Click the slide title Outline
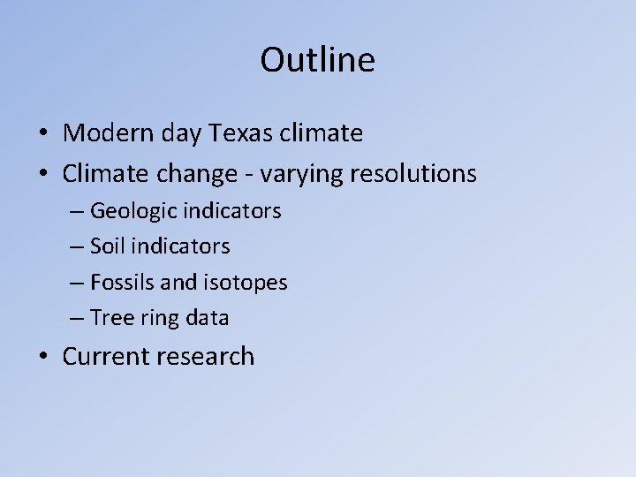point(317,60)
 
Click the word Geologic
point(133,212)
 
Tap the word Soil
point(109,246)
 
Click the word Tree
point(110,318)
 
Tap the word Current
point(107,356)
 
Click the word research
point(205,356)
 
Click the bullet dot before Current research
point(43,357)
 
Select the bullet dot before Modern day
point(43,134)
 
